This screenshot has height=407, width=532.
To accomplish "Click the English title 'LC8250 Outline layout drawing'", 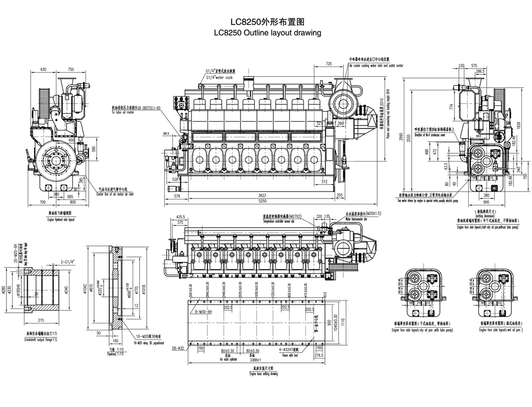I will coord(267,33).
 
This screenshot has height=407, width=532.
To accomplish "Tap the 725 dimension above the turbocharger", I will coord(329,64).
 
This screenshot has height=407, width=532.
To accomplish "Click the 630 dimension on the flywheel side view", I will coord(44,69).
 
